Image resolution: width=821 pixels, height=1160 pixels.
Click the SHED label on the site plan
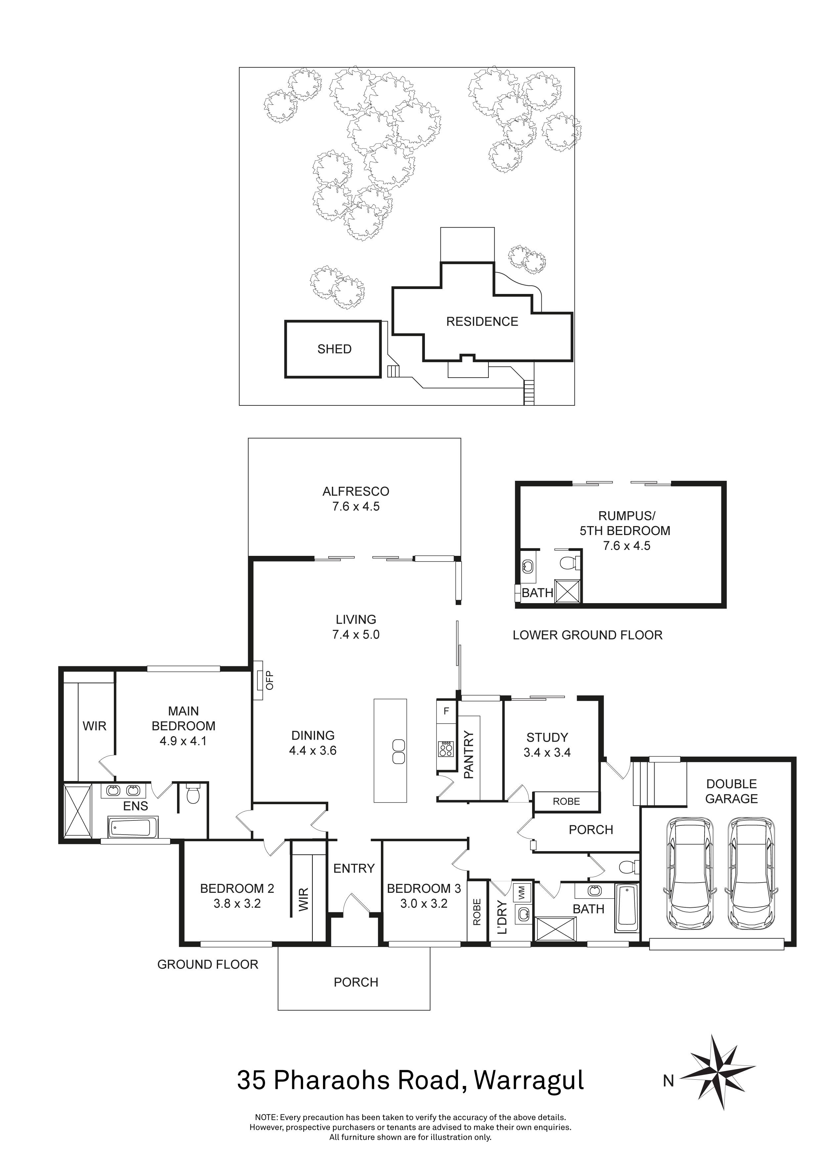(334, 349)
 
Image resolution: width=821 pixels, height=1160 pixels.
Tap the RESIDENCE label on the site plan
(482, 322)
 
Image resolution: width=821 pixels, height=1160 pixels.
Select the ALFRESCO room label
(356, 491)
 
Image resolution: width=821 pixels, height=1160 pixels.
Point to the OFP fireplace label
(269, 680)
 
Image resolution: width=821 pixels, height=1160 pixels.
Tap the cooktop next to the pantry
(446, 748)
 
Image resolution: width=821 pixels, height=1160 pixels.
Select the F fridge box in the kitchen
(446, 711)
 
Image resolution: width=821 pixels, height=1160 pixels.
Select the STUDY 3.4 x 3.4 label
(547, 745)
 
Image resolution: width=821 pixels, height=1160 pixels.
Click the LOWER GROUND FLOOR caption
(587, 635)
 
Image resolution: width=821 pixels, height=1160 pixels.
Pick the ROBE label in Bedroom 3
(476, 912)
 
